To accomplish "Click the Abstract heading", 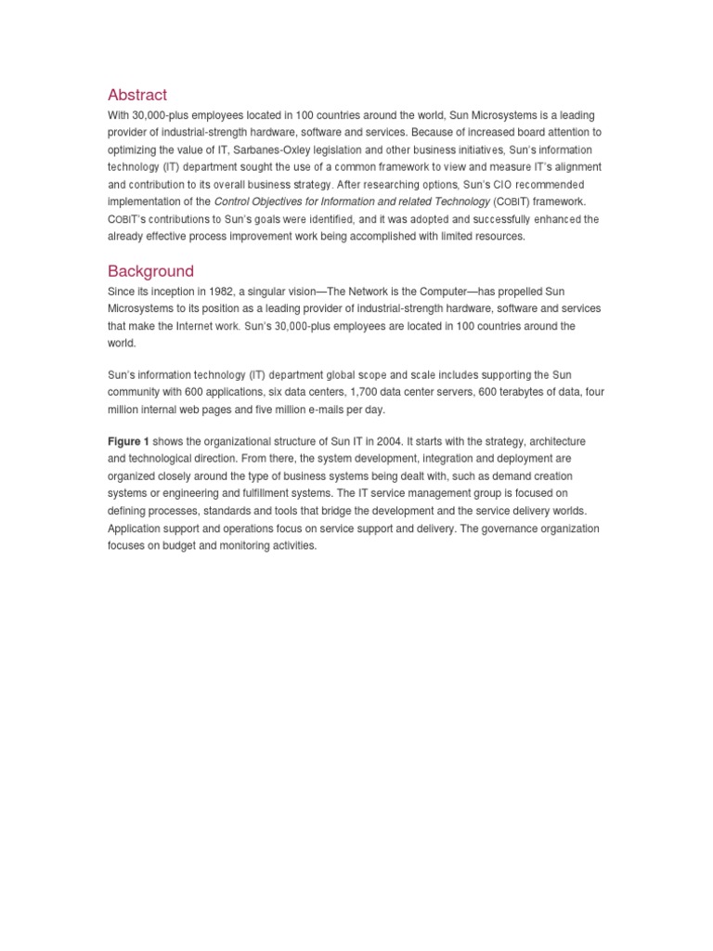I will (137, 95).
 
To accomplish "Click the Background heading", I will (150, 271).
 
